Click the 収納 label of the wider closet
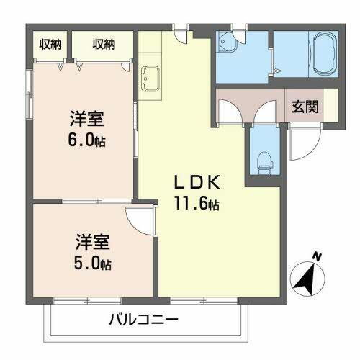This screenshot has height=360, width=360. pos(103,45)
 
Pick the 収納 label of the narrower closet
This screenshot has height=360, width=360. pos(50,45)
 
